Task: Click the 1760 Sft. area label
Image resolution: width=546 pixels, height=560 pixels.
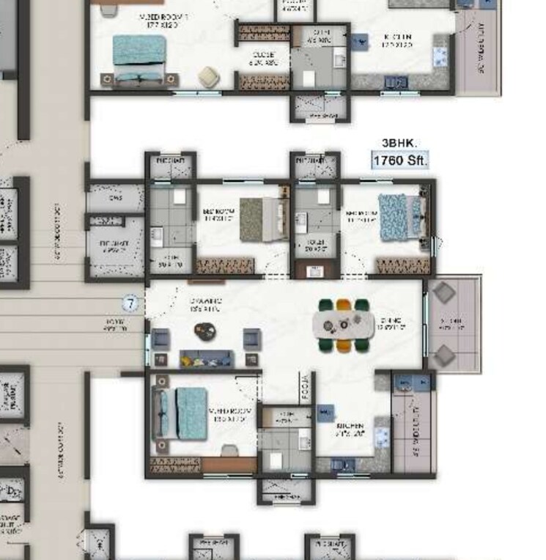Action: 399,160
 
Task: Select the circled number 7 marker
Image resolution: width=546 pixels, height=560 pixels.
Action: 131,302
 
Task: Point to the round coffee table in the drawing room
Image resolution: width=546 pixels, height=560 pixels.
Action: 205,331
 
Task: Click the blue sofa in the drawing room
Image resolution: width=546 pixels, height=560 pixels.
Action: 207,358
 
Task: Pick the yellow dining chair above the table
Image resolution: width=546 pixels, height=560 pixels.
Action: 344,305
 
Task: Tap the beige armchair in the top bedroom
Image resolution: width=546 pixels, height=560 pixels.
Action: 210,75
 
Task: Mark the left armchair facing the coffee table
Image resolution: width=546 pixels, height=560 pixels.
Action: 161,339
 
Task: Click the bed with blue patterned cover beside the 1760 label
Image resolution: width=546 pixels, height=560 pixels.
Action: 396,217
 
